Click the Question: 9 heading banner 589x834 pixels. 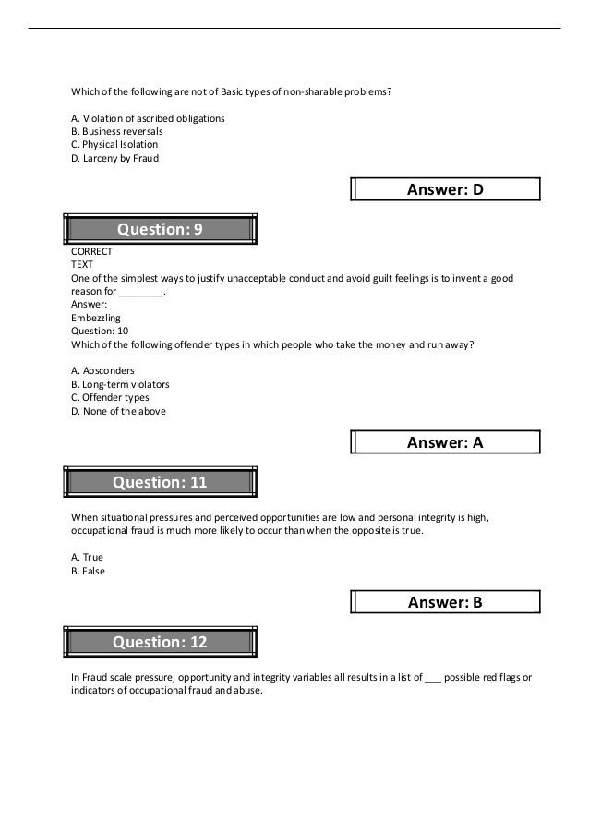160,229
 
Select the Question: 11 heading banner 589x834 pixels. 160,482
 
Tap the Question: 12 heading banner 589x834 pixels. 160,642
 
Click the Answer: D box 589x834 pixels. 445,190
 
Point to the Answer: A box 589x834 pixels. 445,443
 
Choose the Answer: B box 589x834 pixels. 445,603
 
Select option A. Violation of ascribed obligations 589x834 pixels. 148,119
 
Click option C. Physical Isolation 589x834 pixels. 114,145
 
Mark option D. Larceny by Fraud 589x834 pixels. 115,158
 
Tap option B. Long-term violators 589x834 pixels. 120,384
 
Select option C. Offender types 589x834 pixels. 110,397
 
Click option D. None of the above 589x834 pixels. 118,411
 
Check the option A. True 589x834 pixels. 88,558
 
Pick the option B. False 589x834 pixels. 89,571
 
